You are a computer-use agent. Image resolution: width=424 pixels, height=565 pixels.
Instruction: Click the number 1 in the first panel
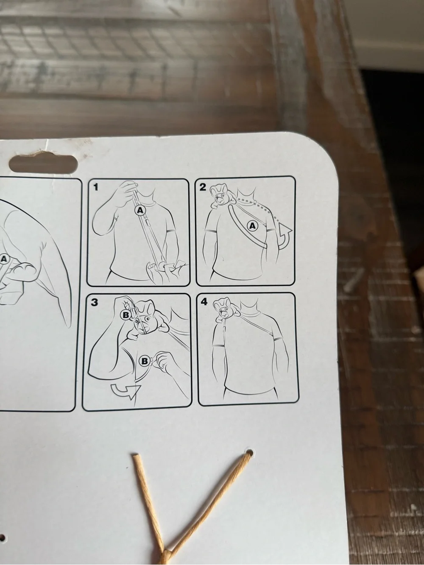[95, 187]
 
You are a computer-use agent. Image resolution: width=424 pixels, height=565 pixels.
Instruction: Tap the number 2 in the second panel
[203, 187]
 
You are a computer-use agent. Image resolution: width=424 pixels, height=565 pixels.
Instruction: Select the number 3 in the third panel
[95, 302]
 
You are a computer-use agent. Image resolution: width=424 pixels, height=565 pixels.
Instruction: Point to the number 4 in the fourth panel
[204, 301]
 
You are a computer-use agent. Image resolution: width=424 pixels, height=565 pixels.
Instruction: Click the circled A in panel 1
[140, 210]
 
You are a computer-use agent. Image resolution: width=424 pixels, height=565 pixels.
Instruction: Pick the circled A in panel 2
[253, 226]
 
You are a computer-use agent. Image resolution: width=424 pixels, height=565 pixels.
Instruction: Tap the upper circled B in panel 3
[126, 315]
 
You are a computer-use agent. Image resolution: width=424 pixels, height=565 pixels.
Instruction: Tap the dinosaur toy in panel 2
[222, 196]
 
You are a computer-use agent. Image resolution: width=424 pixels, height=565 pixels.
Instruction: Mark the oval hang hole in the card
[43, 164]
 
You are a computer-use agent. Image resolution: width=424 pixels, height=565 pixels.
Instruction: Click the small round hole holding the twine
[250, 452]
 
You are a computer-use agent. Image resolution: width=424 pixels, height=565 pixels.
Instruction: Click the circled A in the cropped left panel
[4, 259]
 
